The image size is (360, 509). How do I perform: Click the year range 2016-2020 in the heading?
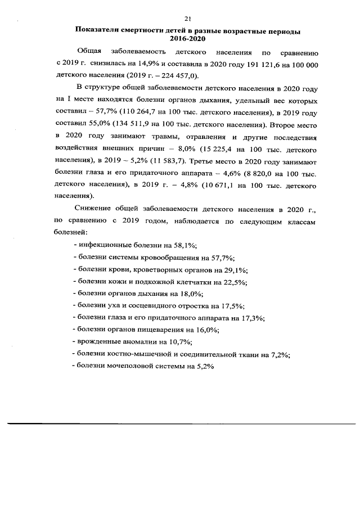click(186, 39)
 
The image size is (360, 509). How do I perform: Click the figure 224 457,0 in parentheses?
click(174, 76)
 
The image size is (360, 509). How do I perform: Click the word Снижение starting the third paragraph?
click(93, 210)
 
